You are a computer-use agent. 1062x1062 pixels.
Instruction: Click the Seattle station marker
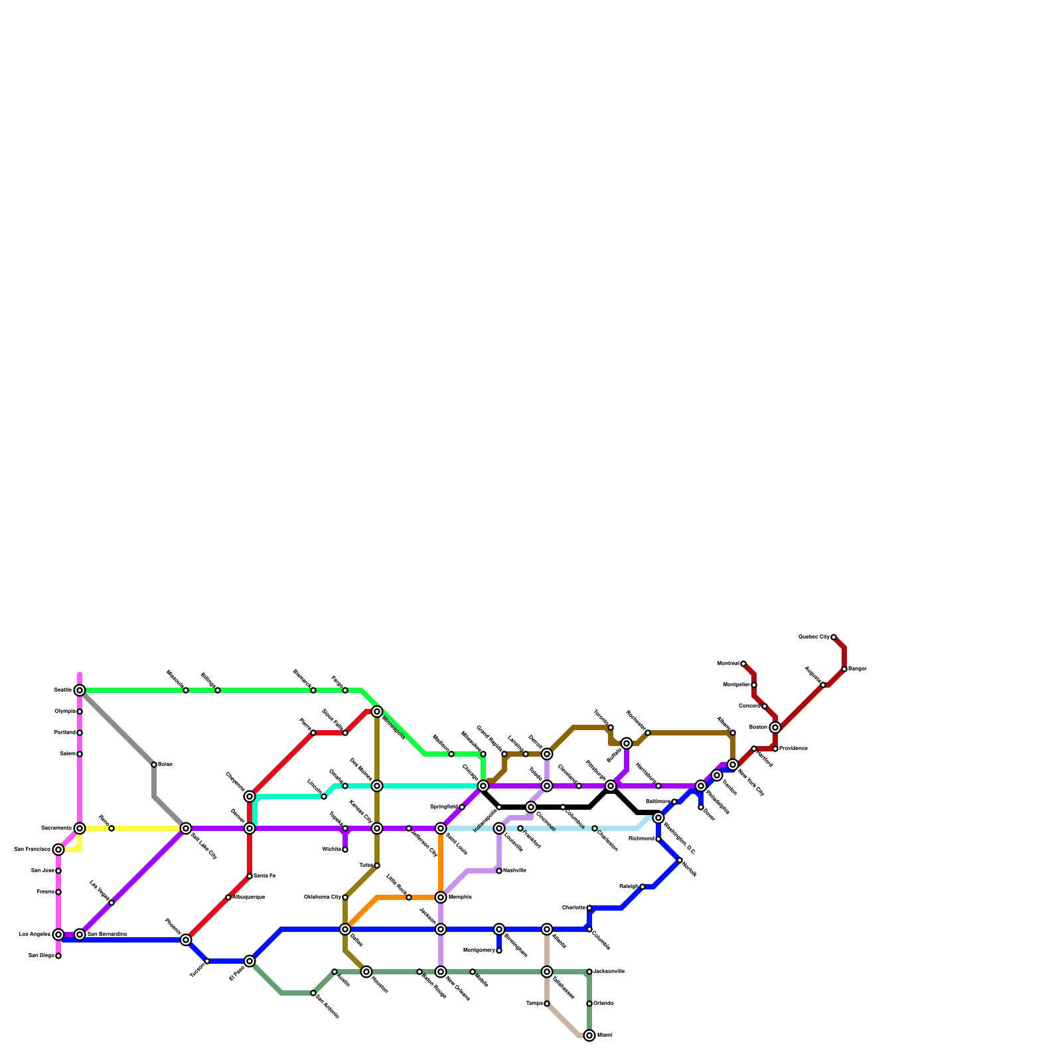click(x=80, y=690)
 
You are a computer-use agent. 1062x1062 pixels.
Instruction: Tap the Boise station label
click(x=165, y=765)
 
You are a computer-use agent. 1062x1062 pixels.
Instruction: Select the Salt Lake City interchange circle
click(x=186, y=828)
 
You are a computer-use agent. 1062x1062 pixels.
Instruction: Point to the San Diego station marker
click(x=58, y=956)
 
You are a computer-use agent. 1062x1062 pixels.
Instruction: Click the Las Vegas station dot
click(x=112, y=903)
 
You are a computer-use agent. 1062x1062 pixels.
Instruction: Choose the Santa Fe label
click(x=264, y=876)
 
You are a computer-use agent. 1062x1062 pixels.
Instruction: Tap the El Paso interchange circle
click(x=250, y=961)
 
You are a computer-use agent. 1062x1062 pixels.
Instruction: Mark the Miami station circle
click(x=589, y=1035)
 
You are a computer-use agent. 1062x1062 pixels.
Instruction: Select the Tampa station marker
click(x=547, y=1004)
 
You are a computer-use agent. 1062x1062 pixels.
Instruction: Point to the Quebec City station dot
click(x=834, y=637)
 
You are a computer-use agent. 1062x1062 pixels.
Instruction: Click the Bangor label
click(x=858, y=669)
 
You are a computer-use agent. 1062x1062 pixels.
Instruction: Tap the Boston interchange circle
click(x=775, y=727)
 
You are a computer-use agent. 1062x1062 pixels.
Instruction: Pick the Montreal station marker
click(x=743, y=664)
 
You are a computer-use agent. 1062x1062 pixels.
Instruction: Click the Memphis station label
click(x=460, y=897)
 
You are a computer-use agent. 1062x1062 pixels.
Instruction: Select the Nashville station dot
click(x=499, y=871)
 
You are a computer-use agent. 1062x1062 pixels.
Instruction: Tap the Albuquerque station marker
click(x=228, y=897)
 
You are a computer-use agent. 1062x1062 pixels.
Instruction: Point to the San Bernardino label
click(x=107, y=935)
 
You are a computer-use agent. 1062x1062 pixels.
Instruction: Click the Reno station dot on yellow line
click(x=112, y=828)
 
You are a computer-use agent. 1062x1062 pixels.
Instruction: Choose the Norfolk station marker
click(x=680, y=860)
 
